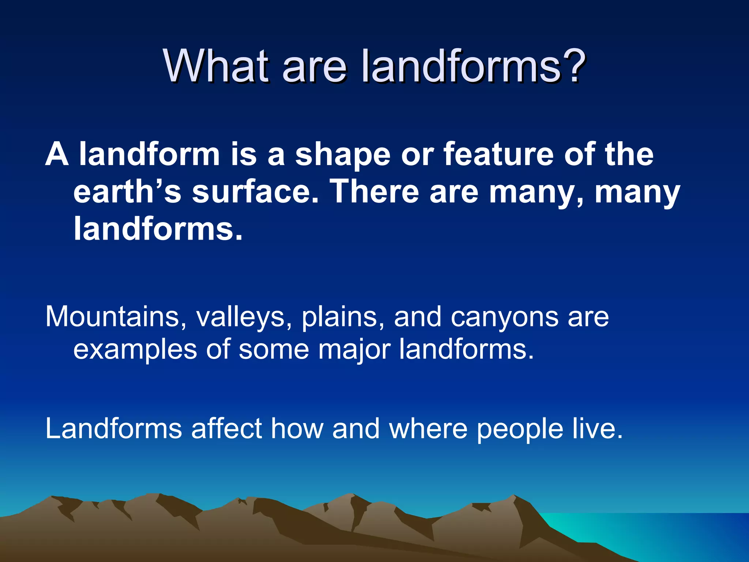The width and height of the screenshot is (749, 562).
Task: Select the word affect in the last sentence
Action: pos(226,428)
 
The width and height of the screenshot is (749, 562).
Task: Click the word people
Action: pos(520,429)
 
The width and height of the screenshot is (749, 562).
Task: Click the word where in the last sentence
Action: pos(428,428)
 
